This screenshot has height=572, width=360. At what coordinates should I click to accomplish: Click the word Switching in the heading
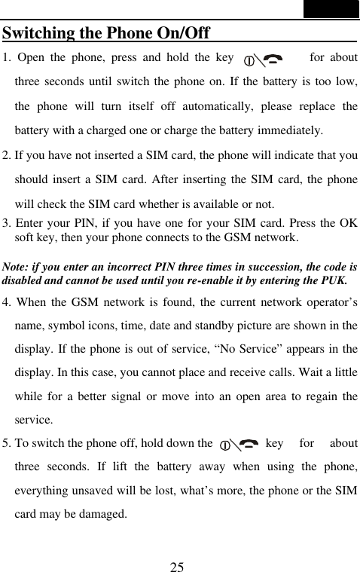point(37,34)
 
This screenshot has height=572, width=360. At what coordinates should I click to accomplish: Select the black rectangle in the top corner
point(331,9)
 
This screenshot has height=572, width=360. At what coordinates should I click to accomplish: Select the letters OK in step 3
point(348,223)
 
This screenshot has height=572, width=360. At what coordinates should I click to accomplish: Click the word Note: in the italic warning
point(20,268)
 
